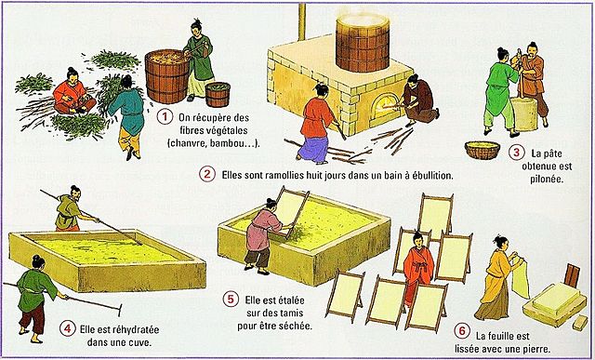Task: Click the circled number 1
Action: point(165,116)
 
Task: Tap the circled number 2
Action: point(206,173)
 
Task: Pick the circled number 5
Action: point(231,299)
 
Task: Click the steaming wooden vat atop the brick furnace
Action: point(362,42)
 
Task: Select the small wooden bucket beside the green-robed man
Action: point(218,94)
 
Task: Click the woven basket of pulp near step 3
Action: point(483,149)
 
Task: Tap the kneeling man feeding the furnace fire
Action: point(419,100)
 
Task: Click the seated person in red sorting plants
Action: point(71,93)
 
